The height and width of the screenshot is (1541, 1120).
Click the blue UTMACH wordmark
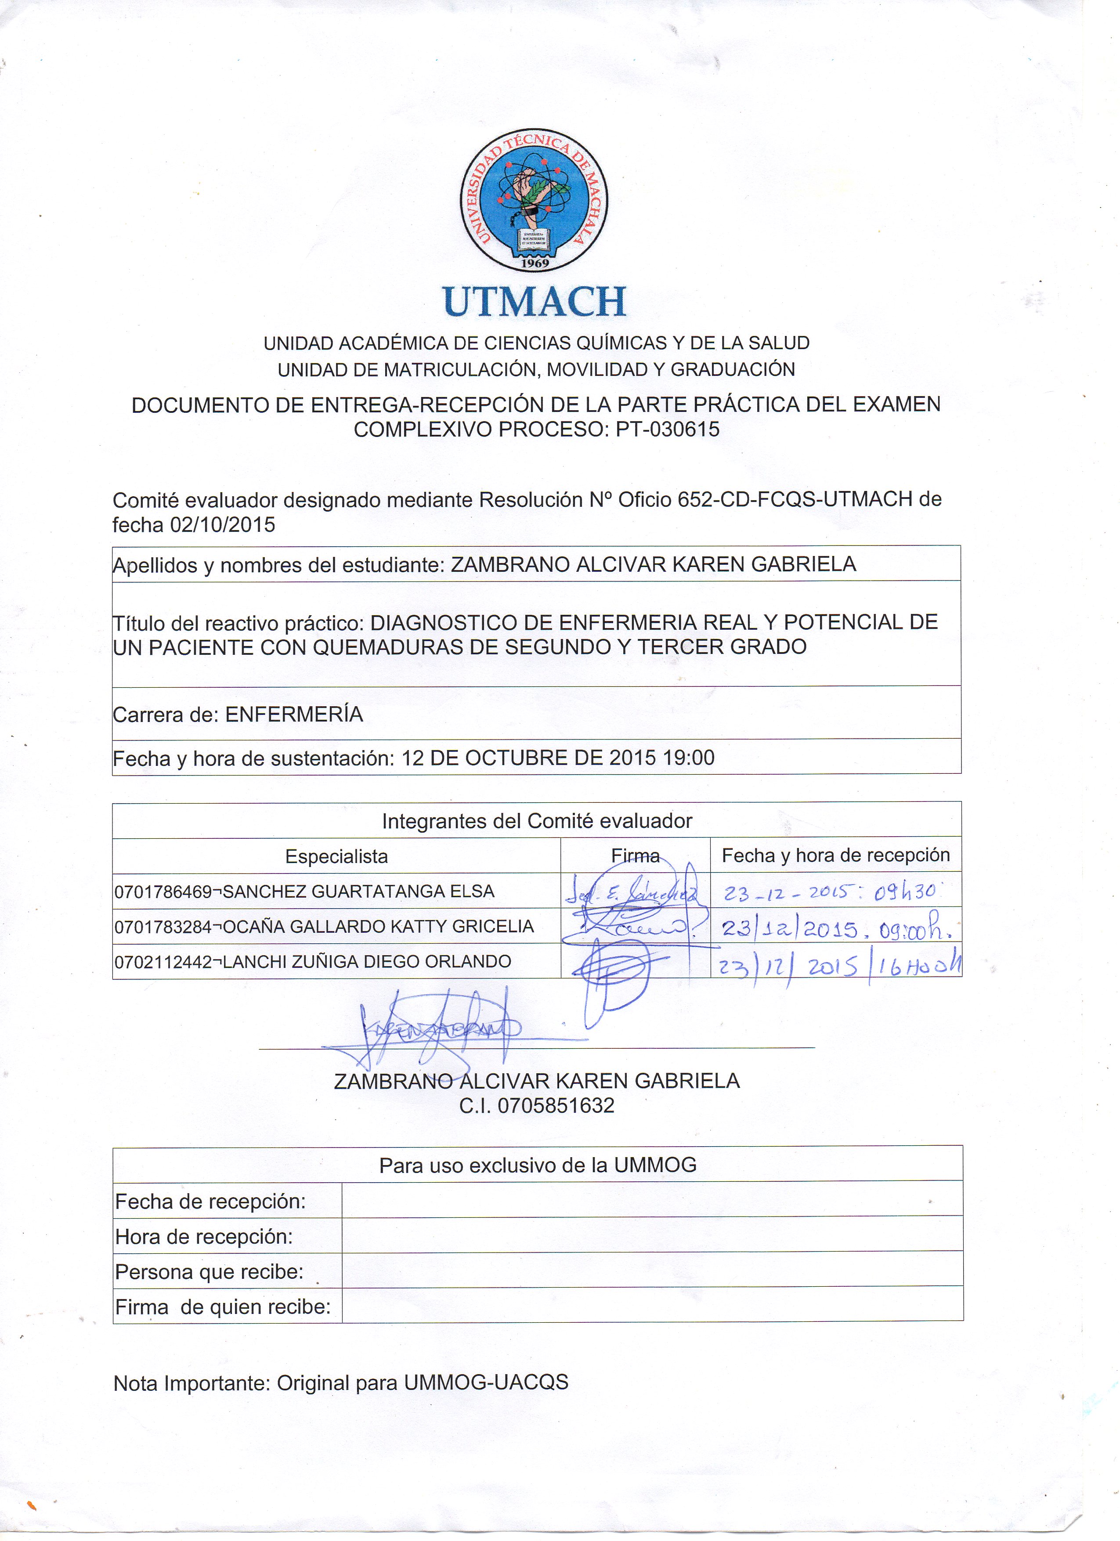point(534,302)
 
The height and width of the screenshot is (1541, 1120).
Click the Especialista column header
point(336,856)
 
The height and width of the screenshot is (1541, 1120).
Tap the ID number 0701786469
point(163,891)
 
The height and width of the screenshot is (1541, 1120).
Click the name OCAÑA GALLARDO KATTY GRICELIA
point(379,927)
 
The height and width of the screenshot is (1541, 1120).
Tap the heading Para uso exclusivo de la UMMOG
point(538,1165)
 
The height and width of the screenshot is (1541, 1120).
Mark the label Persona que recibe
point(210,1271)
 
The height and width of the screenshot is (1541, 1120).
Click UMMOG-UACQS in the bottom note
point(485,1383)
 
